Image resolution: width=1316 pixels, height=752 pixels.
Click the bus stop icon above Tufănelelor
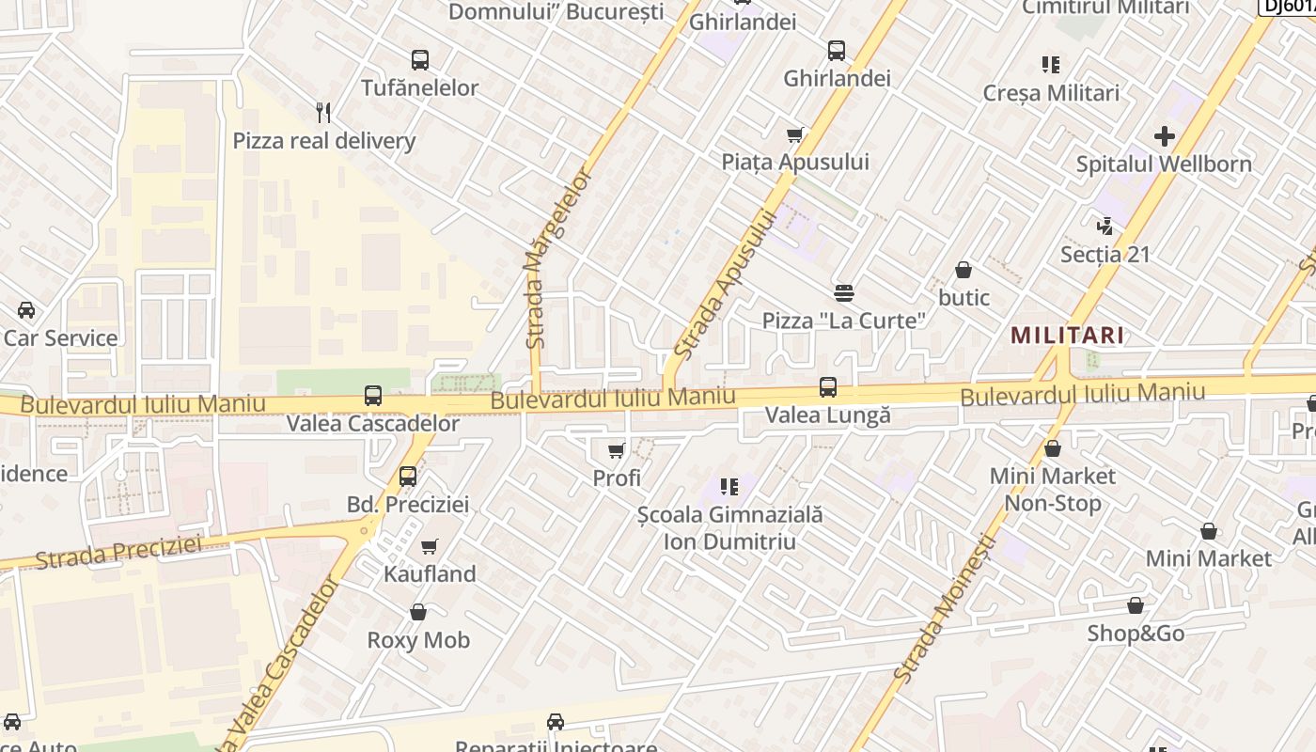419,60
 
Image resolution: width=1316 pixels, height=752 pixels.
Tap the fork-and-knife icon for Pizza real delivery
323,113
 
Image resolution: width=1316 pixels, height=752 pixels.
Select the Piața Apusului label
795,162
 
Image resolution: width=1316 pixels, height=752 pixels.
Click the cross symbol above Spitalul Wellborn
1165,136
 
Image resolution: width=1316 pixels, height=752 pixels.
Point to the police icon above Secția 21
1105,226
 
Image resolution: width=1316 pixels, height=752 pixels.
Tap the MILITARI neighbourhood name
1068,336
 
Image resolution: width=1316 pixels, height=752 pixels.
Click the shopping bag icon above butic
963,271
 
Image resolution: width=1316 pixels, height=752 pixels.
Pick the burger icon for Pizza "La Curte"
843,293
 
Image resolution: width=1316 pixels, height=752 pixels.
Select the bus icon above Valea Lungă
828,387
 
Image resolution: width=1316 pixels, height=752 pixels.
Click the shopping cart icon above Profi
617,451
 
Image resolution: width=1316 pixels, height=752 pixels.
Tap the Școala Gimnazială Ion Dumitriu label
729,528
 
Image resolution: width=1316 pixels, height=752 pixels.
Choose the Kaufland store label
430,573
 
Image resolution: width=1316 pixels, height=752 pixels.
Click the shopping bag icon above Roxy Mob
418,613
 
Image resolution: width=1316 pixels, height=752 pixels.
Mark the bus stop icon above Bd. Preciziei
407,477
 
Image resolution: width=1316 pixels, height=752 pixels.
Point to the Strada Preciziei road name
118,552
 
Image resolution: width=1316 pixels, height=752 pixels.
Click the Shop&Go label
1136,634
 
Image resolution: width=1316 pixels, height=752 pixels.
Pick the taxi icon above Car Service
26,310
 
